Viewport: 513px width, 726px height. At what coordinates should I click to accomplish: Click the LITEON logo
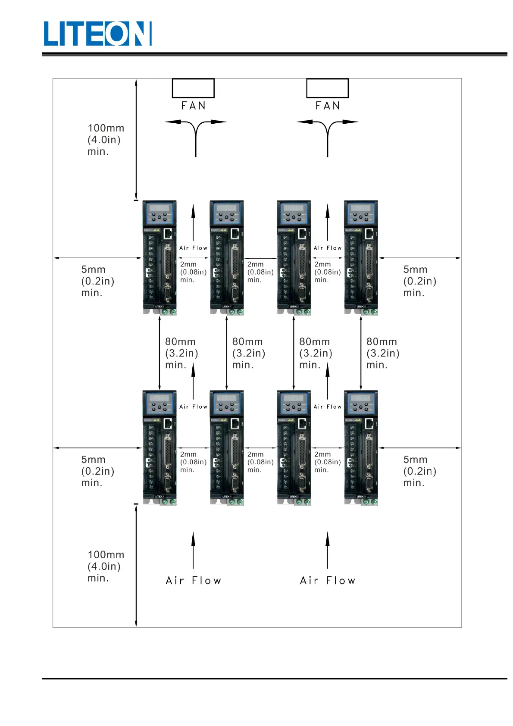click(97, 34)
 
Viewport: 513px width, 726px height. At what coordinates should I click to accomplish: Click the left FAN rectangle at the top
click(193, 88)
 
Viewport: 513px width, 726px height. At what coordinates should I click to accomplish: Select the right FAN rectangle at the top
click(327, 88)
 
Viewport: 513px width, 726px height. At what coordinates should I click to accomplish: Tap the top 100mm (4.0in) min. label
click(106, 140)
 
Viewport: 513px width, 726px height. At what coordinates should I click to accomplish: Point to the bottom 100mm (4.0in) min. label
click(106, 566)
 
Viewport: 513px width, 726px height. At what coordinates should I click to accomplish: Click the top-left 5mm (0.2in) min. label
click(97, 281)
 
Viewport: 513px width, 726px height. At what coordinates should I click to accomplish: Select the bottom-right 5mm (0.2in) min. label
click(419, 471)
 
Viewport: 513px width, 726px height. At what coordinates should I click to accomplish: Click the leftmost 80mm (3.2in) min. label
click(181, 353)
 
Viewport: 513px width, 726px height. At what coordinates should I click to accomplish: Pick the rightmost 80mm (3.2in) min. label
click(382, 353)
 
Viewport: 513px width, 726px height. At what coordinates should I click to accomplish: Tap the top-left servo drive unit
click(160, 257)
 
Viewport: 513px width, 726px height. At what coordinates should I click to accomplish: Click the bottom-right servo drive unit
click(361, 447)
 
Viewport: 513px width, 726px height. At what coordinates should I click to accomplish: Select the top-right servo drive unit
click(361, 257)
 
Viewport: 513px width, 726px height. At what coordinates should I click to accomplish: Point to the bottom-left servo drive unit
click(160, 447)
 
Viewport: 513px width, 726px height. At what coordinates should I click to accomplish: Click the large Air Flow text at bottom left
click(194, 581)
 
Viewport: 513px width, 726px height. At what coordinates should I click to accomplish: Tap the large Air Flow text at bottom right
click(328, 581)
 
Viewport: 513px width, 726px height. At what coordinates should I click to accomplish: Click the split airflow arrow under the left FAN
click(196, 134)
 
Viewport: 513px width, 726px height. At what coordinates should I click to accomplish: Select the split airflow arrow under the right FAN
click(328, 134)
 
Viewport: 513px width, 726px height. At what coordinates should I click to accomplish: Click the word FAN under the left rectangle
click(194, 106)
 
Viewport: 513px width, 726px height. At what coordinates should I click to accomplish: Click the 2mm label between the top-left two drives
click(193, 272)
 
